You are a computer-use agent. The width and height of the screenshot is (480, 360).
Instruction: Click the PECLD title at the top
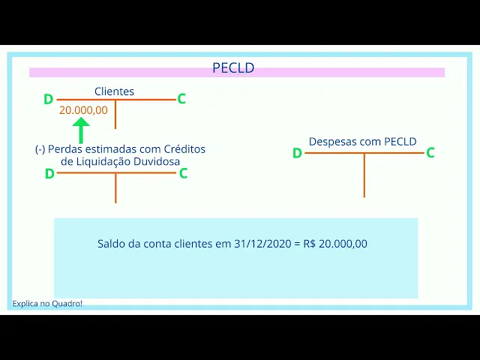pos(233,68)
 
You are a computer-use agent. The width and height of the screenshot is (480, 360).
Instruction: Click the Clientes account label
pos(114,91)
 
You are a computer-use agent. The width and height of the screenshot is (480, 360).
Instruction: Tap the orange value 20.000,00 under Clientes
pos(83,109)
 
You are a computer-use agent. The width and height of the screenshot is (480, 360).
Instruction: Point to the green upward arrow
pos(80,129)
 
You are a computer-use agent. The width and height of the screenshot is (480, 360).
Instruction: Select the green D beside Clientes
pos(49,99)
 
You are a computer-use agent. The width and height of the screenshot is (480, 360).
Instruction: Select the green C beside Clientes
pos(181,99)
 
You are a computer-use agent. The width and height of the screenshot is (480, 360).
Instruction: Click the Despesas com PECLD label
pos(363,141)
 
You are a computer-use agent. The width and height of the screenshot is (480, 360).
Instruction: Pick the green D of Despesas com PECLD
pos(297,153)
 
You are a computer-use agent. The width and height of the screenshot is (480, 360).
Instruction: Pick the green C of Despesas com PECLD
pos(430,153)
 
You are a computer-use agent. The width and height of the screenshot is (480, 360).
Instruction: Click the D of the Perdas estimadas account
pos(49,173)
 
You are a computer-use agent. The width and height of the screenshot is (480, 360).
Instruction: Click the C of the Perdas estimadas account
pos(183,173)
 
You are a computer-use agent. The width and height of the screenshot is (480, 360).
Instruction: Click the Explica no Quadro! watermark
pos(47,304)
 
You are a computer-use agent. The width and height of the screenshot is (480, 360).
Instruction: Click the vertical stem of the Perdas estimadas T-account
pos(115,187)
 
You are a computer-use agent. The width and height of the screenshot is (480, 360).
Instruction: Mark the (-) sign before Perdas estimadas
pos(40,149)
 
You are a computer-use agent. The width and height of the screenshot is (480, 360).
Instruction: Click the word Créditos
pos(184,149)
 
